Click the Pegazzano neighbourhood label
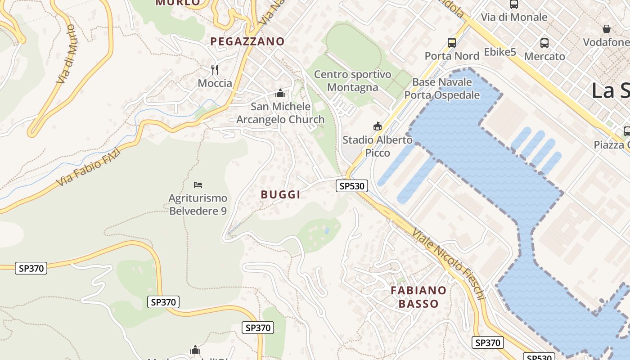point(247,41)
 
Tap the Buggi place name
point(280,194)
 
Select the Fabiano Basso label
point(418,297)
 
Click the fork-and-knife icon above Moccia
point(215,69)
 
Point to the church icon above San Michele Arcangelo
point(281,93)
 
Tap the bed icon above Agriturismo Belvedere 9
point(198,184)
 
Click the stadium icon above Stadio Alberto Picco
point(378,126)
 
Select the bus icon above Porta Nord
point(452,43)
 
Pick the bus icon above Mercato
point(544,43)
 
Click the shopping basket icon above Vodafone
point(607,29)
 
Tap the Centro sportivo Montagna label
point(352,81)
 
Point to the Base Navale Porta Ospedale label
point(442,89)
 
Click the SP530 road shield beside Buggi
point(352,186)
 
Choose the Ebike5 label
point(500,52)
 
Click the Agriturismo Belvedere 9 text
point(198,204)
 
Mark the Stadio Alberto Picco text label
point(378,146)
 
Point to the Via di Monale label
point(514,17)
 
